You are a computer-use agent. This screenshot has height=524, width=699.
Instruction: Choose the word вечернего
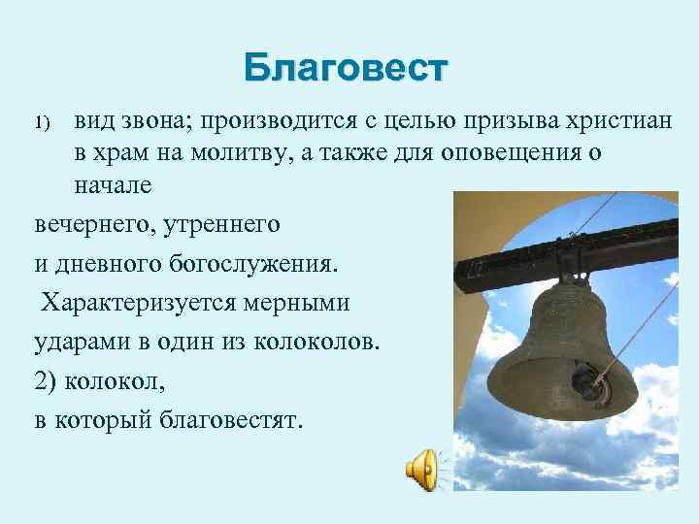click(x=93, y=224)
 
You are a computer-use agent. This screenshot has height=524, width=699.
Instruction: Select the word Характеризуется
click(x=146, y=302)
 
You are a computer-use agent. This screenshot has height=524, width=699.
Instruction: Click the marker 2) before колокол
click(x=48, y=379)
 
